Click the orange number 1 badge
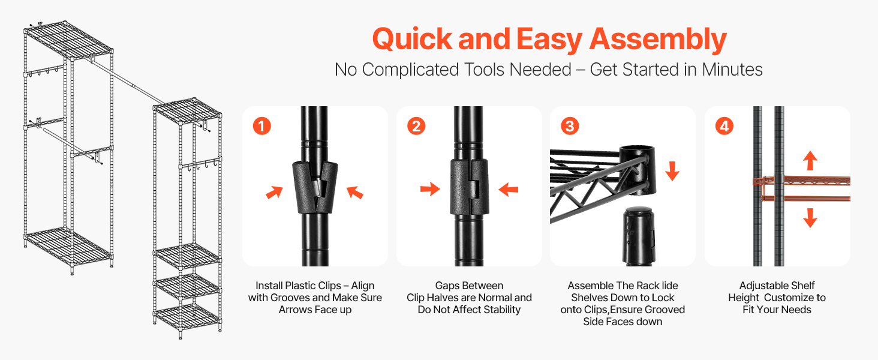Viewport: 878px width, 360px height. click(262, 126)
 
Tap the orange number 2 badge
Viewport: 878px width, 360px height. click(416, 126)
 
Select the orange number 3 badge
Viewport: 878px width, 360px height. click(570, 126)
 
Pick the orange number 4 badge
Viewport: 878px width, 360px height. click(724, 126)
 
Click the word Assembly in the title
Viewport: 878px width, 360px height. click(658, 40)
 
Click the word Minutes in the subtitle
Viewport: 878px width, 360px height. click(732, 70)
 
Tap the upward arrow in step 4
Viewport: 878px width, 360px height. click(810, 160)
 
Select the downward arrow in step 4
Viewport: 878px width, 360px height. click(810, 218)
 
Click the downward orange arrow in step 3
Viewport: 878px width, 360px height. click(672, 171)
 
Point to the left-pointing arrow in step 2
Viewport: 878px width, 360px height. click(509, 190)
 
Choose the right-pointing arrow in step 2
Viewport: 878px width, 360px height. click(430, 189)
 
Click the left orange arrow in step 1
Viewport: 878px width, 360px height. click(275, 192)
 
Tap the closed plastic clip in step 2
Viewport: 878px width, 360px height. click(469, 187)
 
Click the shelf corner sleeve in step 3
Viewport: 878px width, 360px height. click(638, 170)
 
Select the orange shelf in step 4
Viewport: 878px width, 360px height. click(802, 188)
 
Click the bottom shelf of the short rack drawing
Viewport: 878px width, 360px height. click(187, 317)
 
